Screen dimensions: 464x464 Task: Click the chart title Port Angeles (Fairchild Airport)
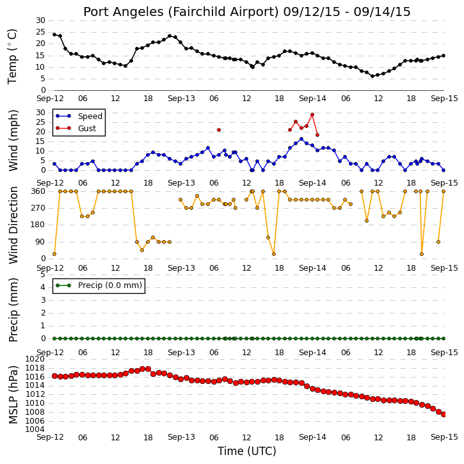(181, 12)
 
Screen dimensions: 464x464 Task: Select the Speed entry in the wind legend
(90, 116)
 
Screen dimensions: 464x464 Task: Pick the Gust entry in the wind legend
(87, 129)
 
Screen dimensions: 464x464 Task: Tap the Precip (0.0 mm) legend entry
(110, 285)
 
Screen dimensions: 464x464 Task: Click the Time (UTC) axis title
(247, 451)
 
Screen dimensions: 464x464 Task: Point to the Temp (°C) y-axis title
(12, 56)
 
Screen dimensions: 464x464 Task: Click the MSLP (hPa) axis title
(13, 394)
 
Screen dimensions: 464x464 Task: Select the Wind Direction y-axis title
(13, 225)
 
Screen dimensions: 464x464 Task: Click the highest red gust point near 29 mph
(312, 115)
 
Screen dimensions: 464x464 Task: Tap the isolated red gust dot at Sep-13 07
(219, 130)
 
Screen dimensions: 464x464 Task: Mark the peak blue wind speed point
(301, 139)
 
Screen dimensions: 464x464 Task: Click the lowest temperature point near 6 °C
(372, 76)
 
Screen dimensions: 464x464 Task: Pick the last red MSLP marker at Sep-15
(444, 415)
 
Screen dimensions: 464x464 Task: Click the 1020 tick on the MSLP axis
(35, 359)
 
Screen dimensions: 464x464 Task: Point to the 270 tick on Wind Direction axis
(38, 208)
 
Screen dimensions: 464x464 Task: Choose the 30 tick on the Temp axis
(40, 20)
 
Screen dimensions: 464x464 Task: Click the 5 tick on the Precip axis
(43, 275)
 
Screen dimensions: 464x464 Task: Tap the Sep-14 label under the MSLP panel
(312, 437)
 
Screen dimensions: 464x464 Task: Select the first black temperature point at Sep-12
(54, 35)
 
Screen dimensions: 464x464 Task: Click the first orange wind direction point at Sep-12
(54, 254)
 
